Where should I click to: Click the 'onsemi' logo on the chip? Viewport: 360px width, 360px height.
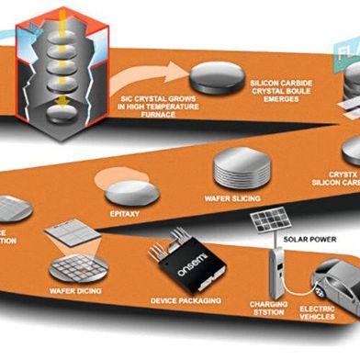(180, 259)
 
